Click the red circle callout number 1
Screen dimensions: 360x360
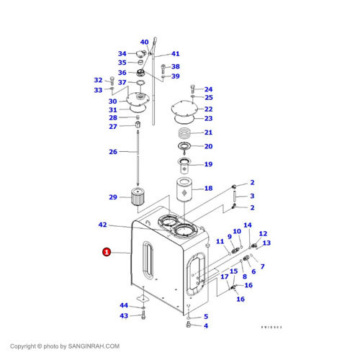pyautogui.click(x=107, y=252)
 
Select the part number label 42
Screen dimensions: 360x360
pyautogui.click(x=102, y=225)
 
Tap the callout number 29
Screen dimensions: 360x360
pyautogui.click(x=112, y=197)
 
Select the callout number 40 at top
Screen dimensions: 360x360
pyautogui.click(x=144, y=42)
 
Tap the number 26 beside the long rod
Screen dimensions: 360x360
pyautogui.click(x=112, y=152)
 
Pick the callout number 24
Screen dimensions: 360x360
pyautogui.click(x=208, y=89)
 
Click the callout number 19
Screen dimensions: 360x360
pyautogui.click(x=207, y=164)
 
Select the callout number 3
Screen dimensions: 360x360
pyautogui.click(x=252, y=196)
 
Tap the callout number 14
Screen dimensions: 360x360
pyautogui.click(x=247, y=225)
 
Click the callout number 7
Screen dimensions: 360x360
pyautogui.click(x=261, y=266)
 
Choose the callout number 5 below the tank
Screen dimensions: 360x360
pyautogui.click(x=205, y=316)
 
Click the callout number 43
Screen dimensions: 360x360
pyautogui.click(x=123, y=315)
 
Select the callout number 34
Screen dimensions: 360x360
pyautogui.click(x=122, y=53)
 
